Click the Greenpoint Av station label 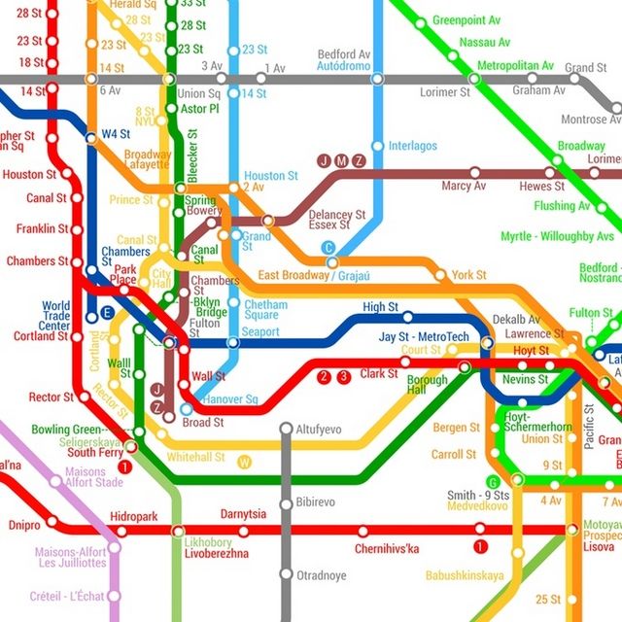click(465, 19)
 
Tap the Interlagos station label click(412, 146)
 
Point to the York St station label click(468, 275)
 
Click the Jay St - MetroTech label click(424, 337)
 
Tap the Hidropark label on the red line click(133, 516)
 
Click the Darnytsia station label click(243, 514)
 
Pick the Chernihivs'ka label click(387, 549)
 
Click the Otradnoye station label click(321, 575)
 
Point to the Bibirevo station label click(319, 503)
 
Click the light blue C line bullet click(328, 248)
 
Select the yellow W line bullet click(245, 462)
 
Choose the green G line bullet click(493, 483)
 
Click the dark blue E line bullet click(108, 313)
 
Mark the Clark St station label click(379, 373)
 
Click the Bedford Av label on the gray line click(344, 53)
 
